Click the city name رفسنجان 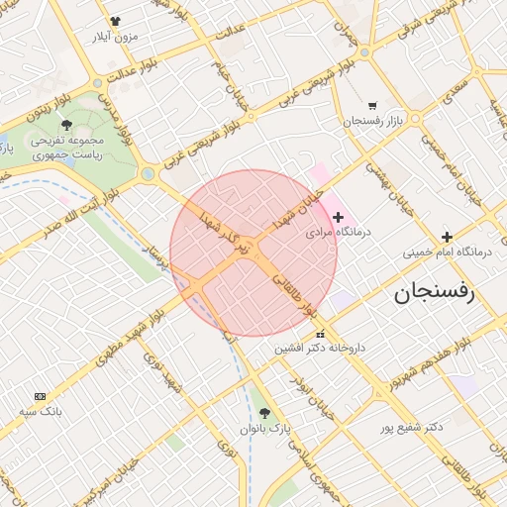click(x=435, y=293)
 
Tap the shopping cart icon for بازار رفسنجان click(x=372, y=105)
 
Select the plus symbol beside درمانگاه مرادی click(x=338, y=217)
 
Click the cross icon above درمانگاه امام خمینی click(x=448, y=237)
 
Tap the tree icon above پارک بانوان click(x=263, y=413)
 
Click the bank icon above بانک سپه click(x=40, y=395)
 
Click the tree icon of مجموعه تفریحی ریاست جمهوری click(x=66, y=125)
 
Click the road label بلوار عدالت click(x=128, y=70)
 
